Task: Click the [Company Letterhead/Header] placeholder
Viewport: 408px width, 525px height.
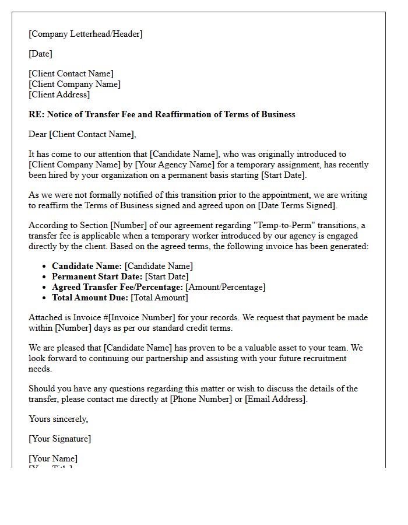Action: coord(85,34)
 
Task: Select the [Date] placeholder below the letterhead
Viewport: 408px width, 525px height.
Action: coord(40,54)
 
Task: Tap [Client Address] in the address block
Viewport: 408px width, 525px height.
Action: coord(59,94)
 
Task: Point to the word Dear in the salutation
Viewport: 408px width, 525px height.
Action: coord(38,134)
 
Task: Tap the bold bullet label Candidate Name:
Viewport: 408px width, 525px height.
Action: coord(87,266)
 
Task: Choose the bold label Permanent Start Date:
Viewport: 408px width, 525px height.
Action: coord(97,276)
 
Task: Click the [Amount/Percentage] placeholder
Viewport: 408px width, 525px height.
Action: coord(226,287)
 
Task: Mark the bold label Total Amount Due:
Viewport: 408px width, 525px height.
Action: coord(90,297)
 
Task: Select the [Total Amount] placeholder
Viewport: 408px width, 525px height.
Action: coord(159,297)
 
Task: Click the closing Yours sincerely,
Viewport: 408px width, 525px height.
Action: coord(58,419)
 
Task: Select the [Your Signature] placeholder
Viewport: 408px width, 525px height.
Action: coord(59,439)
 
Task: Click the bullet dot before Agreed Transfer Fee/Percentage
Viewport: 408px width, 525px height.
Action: coord(45,287)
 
